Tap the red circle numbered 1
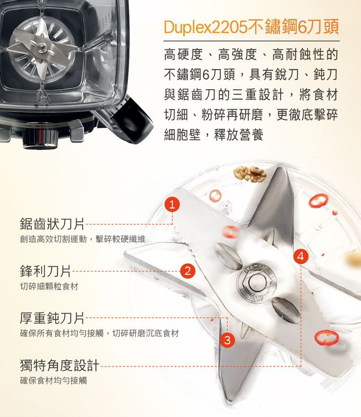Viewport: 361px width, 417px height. (x=172, y=204)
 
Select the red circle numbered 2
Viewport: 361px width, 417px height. (x=186, y=271)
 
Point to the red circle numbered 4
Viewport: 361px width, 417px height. (x=301, y=256)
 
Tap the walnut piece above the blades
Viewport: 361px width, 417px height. (x=250, y=172)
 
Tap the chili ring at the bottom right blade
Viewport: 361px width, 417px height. (x=326, y=337)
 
